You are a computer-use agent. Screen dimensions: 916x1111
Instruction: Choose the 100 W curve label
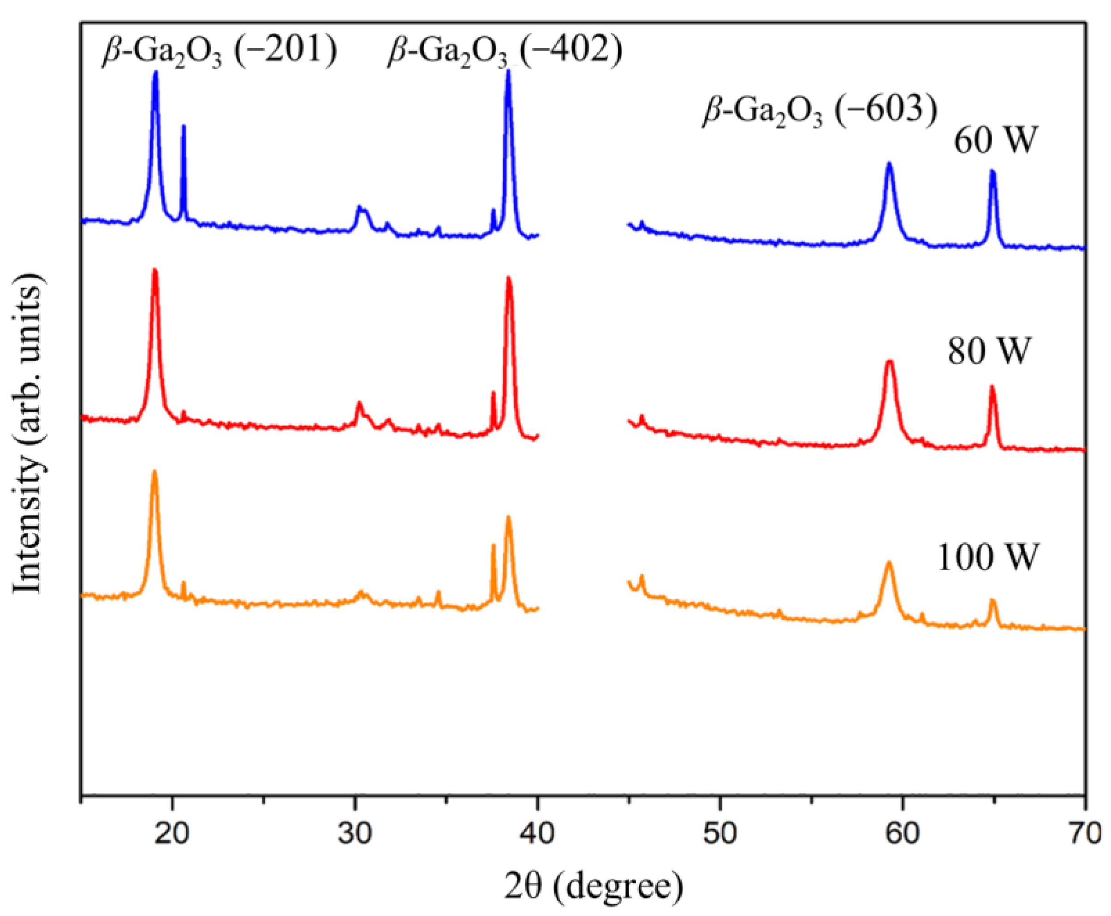coord(987,558)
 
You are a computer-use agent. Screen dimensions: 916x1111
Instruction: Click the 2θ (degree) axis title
coord(593,886)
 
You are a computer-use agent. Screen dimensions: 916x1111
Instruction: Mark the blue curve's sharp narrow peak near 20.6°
coord(184,127)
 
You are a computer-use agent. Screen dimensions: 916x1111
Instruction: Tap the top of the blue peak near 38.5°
coord(509,73)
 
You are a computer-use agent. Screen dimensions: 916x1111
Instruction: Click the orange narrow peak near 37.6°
coord(493,546)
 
